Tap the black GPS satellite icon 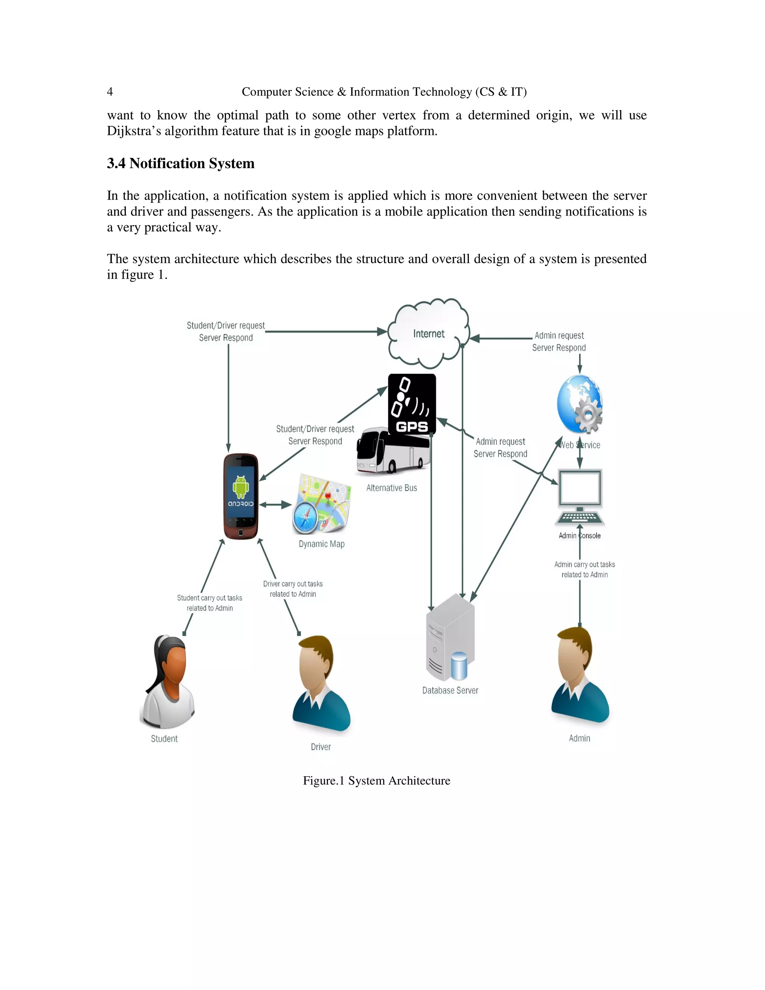click(x=412, y=404)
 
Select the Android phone click(x=241, y=496)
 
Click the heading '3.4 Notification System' click(x=180, y=163)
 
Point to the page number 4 click(x=110, y=92)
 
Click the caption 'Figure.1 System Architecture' click(x=376, y=780)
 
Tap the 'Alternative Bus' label click(x=391, y=488)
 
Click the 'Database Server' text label click(x=450, y=690)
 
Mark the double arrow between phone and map click(x=275, y=504)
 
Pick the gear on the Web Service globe click(x=588, y=415)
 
